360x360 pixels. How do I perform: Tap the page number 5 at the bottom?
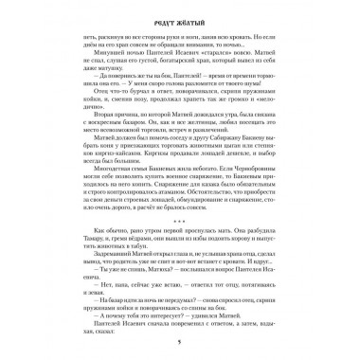180,345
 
